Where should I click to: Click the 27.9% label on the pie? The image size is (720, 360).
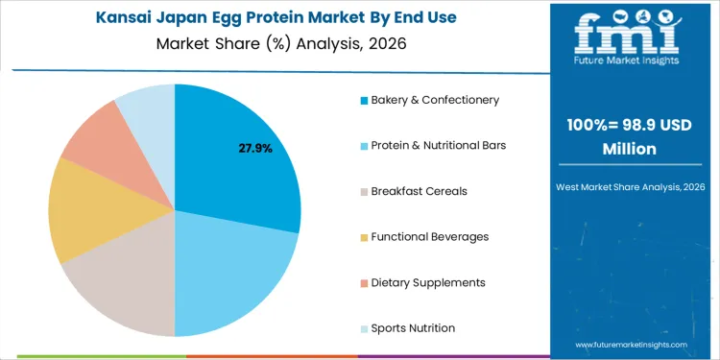coord(255,149)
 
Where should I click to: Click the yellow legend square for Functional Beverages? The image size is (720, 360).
coord(364,237)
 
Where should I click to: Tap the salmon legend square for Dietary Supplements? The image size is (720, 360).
coord(364,283)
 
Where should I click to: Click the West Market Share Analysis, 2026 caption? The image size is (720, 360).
coord(630,184)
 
